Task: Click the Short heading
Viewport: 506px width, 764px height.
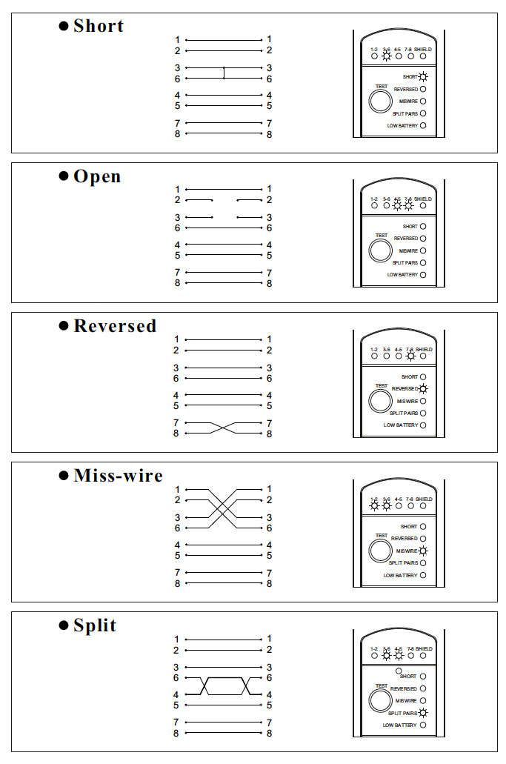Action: pyautogui.click(x=98, y=26)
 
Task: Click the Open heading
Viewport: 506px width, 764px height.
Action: pyautogui.click(x=96, y=176)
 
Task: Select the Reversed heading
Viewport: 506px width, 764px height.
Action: pyautogui.click(x=114, y=326)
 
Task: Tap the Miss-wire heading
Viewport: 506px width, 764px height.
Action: pyautogui.click(x=118, y=476)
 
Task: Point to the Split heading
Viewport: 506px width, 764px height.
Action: pyautogui.click(x=94, y=625)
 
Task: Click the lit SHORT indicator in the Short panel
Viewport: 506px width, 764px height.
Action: pyautogui.click(x=423, y=76)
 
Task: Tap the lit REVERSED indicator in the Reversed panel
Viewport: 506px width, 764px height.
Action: pyautogui.click(x=423, y=388)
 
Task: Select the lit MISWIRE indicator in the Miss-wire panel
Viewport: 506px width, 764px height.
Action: pyautogui.click(x=423, y=551)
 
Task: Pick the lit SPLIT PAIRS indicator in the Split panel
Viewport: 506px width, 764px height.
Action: pyautogui.click(x=423, y=713)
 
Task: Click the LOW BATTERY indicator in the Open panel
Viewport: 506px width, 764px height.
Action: pyautogui.click(x=423, y=275)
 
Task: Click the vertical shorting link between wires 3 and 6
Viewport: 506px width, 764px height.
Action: pyautogui.click(x=224, y=73)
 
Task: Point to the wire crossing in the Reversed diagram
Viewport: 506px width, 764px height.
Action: pyautogui.click(x=224, y=428)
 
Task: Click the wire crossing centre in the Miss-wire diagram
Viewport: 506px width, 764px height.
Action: pyautogui.click(x=224, y=508)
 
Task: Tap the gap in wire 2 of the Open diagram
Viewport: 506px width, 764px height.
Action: pyautogui.click(x=224, y=199)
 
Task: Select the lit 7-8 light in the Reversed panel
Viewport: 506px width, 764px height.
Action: pyautogui.click(x=411, y=356)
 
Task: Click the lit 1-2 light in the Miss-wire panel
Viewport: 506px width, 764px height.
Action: pyautogui.click(x=374, y=506)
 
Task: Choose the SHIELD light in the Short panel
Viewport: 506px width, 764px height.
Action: pyautogui.click(x=423, y=56)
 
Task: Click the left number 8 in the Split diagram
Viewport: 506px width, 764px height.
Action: pyautogui.click(x=176, y=733)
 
